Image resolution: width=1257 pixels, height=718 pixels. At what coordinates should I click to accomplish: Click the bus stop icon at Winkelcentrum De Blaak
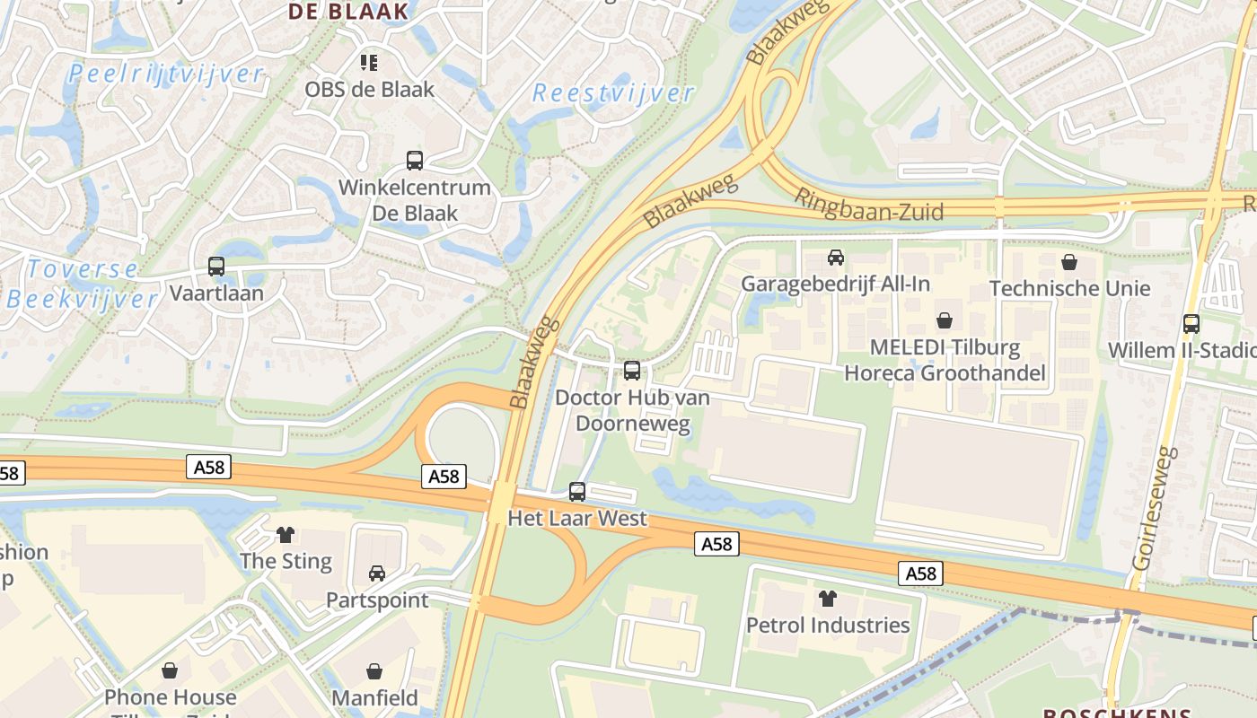[415, 161]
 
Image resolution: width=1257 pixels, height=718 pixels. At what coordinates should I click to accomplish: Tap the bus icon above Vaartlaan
[216, 267]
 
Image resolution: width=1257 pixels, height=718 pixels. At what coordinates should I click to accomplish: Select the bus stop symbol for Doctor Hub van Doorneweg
[632, 370]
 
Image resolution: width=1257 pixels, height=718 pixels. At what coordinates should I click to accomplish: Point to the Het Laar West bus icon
[577, 492]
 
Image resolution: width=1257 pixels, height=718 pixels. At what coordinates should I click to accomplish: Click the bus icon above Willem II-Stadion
[1191, 324]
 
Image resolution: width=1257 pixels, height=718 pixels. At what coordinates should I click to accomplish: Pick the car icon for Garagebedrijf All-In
[836, 258]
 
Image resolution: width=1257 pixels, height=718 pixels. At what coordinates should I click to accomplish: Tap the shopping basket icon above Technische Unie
[1069, 262]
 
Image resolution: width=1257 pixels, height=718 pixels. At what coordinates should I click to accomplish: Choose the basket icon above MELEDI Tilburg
[945, 320]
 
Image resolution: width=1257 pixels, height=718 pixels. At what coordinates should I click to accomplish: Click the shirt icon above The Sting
[286, 535]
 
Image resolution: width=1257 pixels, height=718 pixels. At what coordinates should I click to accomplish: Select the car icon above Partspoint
[377, 574]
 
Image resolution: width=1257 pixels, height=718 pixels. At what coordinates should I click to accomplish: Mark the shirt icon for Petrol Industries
[827, 599]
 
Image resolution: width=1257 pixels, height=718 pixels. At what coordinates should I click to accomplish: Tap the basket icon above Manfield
[374, 671]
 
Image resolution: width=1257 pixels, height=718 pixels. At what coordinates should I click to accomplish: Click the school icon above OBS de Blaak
[369, 63]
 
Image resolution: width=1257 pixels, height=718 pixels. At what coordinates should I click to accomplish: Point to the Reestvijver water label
[613, 93]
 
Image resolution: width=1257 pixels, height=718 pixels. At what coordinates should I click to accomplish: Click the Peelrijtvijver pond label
[166, 74]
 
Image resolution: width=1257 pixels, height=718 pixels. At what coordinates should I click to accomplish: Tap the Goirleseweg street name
[1154, 509]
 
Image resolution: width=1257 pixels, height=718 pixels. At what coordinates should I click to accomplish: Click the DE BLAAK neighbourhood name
[347, 12]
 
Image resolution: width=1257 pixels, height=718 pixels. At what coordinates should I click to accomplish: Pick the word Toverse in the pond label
[83, 269]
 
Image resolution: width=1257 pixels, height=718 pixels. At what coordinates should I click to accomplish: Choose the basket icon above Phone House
[170, 670]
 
